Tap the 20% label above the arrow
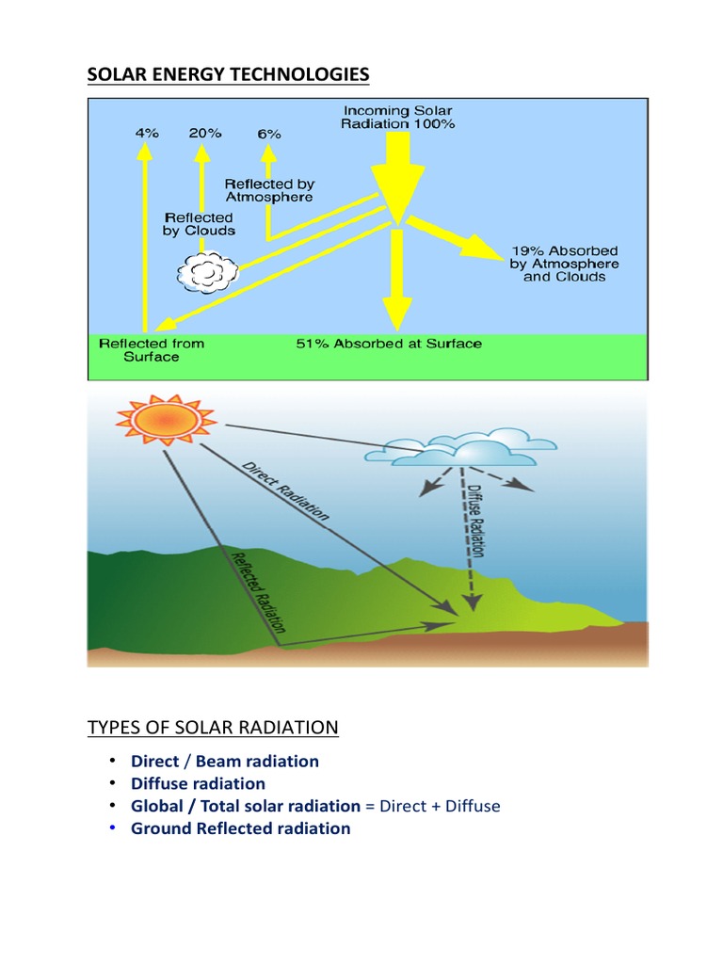click(204, 133)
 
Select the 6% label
click(269, 134)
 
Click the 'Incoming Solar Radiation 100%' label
click(397, 118)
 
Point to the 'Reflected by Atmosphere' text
click(269, 190)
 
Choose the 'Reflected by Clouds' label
click(199, 224)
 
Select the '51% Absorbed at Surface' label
click(388, 344)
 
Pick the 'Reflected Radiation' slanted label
click(259, 590)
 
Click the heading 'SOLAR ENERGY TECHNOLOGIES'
click(229, 74)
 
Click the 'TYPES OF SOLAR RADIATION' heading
click(213, 728)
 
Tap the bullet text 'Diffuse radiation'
click(198, 783)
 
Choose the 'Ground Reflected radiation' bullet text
click(240, 828)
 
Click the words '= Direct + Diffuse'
click(433, 806)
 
